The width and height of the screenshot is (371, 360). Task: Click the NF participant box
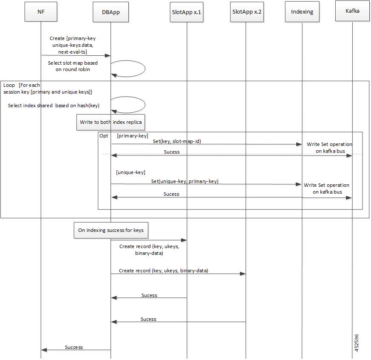pyautogui.click(x=41, y=12)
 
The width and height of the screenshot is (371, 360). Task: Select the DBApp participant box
pyautogui.click(x=111, y=12)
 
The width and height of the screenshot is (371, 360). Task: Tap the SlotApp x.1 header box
pyautogui.click(x=187, y=12)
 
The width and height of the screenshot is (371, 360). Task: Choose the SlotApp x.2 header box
pyautogui.click(x=247, y=12)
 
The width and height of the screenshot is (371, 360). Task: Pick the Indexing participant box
pyautogui.click(x=302, y=12)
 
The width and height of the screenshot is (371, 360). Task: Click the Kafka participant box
pyautogui.click(x=352, y=11)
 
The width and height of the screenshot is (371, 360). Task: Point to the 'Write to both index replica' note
pyautogui.click(x=111, y=122)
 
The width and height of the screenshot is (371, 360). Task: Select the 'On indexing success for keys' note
pyautogui.click(x=111, y=230)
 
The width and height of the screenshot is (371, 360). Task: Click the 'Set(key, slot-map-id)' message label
pyautogui.click(x=177, y=141)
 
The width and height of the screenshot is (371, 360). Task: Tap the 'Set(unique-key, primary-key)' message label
pyautogui.click(x=184, y=181)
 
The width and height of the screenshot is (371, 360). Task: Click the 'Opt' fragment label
pyautogui.click(x=104, y=136)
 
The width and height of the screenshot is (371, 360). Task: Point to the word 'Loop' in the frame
pyautogui.click(x=9, y=85)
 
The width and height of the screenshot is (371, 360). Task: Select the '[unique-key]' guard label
pyautogui.click(x=130, y=172)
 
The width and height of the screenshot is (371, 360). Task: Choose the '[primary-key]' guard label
pyautogui.click(x=133, y=136)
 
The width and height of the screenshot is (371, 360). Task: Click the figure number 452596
pyautogui.click(x=357, y=343)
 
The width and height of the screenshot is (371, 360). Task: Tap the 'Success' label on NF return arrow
pyautogui.click(x=74, y=347)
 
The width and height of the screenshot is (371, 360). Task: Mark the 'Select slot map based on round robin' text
pyautogui.click(x=73, y=66)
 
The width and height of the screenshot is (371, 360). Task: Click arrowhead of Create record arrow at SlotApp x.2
pyautogui.click(x=243, y=274)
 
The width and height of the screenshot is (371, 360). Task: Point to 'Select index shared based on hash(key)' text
pyautogui.click(x=54, y=106)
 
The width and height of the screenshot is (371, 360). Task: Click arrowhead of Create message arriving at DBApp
pyautogui.click(x=108, y=55)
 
